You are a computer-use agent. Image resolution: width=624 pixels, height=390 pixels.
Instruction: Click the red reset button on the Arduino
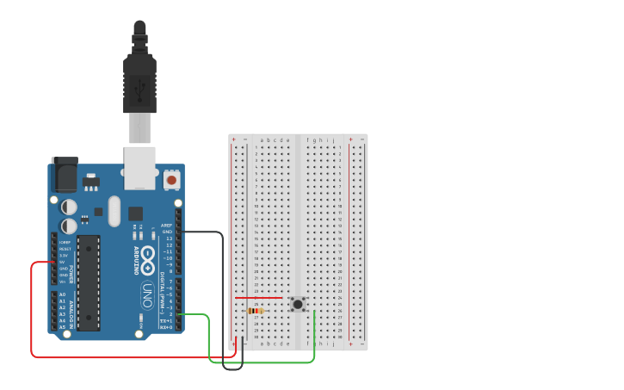tap(171, 180)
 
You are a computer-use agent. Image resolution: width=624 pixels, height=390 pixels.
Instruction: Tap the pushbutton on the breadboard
tap(298, 304)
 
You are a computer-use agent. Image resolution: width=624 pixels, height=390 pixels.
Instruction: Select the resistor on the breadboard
tap(255, 310)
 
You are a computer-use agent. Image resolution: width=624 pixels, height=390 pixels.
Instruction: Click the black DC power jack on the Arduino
tap(64, 175)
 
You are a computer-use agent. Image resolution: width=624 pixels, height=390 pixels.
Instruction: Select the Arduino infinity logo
tap(147, 257)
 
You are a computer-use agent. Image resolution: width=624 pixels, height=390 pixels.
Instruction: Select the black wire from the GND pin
tap(223, 293)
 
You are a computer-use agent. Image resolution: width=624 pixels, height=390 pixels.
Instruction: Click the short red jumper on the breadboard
tap(259, 298)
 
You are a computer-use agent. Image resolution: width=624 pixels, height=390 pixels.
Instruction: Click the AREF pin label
tap(167, 225)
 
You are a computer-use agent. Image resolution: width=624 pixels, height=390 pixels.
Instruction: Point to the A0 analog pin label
tap(62, 294)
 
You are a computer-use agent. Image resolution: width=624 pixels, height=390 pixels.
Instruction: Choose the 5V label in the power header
tap(62, 262)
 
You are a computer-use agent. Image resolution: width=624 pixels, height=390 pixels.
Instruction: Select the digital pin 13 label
tap(169, 238)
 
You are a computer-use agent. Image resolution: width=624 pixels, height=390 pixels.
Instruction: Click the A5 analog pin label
tap(62, 327)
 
